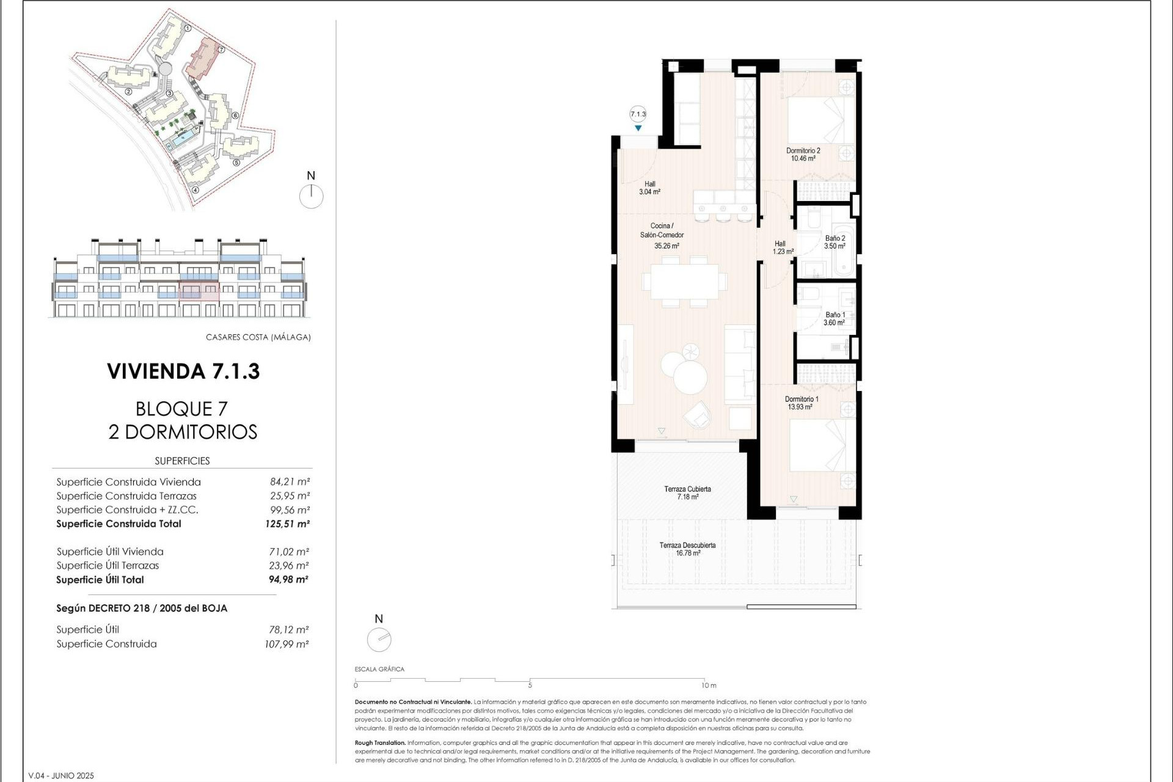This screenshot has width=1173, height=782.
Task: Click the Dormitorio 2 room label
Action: click(x=803, y=154)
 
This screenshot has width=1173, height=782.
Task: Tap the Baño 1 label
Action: click(x=835, y=318)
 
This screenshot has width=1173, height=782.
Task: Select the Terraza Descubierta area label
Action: click(x=687, y=549)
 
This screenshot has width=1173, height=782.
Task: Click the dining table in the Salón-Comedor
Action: click(x=684, y=282)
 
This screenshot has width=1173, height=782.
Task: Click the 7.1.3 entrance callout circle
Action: click(x=638, y=114)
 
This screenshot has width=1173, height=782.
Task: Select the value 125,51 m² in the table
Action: click(x=287, y=524)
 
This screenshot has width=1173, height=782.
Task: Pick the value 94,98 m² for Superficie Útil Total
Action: click(x=288, y=580)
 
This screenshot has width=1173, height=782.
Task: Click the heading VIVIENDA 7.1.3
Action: click(x=183, y=371)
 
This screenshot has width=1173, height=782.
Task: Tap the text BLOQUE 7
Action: click(x=181, y=408)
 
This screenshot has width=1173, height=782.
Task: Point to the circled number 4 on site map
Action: click(x=195, y=189)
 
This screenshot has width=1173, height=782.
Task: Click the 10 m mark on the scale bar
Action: click(x=709, y=685)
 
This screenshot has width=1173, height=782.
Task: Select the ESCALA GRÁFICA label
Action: click(x=379, y=669)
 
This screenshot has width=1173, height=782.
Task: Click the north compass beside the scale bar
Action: click(x=379, y=640)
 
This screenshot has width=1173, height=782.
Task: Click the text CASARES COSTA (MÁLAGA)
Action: click(x=258, y=337)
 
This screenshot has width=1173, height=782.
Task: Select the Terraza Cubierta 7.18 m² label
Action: click(x=687, y=492)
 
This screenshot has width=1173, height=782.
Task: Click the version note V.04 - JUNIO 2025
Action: click(x=61, y=775)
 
